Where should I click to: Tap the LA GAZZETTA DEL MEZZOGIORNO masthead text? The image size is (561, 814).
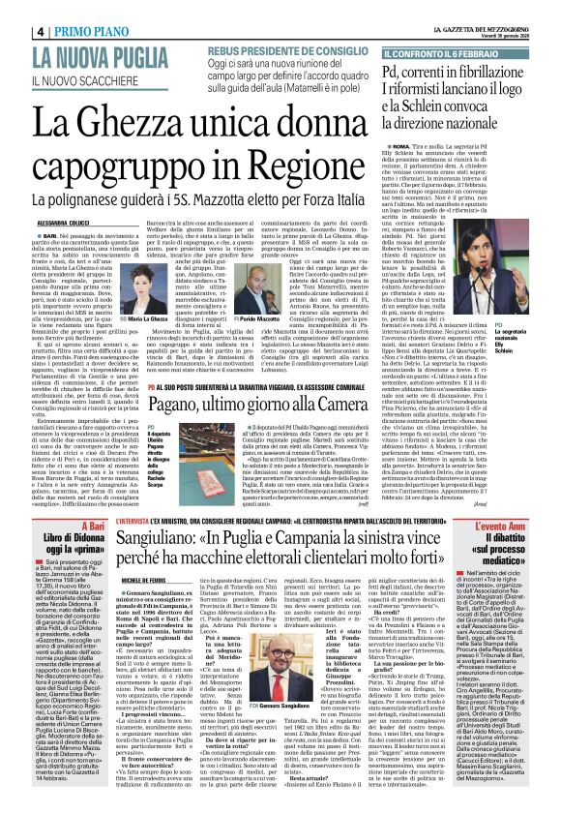(494, 8)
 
